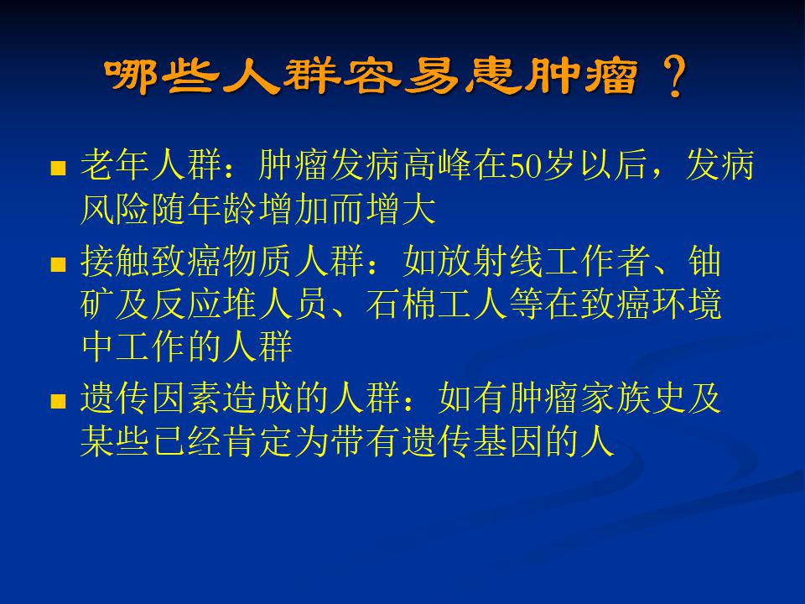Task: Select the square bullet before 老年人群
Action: point(59,168)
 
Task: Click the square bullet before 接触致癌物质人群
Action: point(59,264)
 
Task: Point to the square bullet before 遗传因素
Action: point(59,401)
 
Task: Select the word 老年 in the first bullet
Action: point(116,165)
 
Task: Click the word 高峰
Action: point(438,165)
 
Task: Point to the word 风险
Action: point(116,209)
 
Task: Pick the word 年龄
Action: point(223,209)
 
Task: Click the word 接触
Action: point(116,261)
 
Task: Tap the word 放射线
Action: point(491,261)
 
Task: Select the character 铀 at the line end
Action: point(704,261)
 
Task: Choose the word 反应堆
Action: point(205,304)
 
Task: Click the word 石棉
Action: point(402,304)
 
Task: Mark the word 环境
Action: point(687,304)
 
